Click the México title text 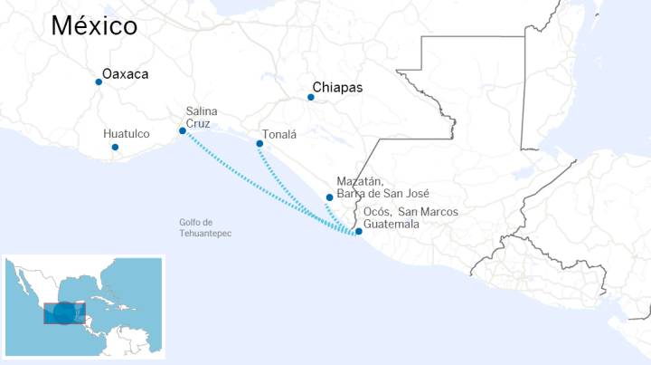94,25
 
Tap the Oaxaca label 125,74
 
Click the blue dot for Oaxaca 99,82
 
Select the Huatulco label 127,134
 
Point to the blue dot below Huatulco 114,147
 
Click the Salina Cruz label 201,117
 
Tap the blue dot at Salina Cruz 183,130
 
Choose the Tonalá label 279,133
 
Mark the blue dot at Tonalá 259,144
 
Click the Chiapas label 337,88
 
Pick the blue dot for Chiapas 311,97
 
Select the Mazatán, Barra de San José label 382,187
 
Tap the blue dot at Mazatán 329,197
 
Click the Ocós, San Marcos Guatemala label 410,218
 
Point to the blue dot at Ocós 359,231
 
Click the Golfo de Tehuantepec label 205,228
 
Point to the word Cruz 198,123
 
